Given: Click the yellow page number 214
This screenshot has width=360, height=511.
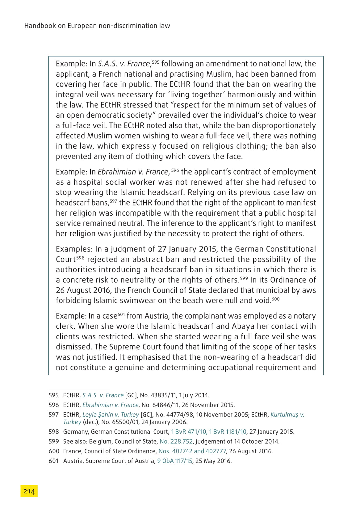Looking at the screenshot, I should pos(29,491).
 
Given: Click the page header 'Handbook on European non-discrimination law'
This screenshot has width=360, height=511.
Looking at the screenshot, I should pos(97,26).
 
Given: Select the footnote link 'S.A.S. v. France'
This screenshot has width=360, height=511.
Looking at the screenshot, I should pos(103,395).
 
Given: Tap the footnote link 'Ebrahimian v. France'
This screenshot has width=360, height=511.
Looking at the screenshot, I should pos(110,405).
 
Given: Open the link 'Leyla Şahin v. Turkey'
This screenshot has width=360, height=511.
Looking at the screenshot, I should pos(111,415).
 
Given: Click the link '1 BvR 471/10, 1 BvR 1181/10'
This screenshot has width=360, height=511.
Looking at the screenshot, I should pos(209,432).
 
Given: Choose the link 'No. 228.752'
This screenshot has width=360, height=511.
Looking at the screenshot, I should pos(176,441).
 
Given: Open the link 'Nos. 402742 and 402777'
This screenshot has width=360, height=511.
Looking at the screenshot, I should pos(192,451).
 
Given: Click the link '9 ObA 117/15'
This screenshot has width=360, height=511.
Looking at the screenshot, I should pos(175,461).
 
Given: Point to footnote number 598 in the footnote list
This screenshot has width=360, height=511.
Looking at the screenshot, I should pos(53,432).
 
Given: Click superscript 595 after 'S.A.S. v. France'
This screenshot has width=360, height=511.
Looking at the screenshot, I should pos(156,62).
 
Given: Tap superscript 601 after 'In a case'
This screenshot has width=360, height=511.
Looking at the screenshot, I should pos(121,315).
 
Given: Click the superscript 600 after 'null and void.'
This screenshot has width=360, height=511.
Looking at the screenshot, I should pos(276,299).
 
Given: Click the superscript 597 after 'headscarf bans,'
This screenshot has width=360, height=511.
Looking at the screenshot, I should pos(113,201).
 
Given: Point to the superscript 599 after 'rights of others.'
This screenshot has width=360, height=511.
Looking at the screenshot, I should pos(244,278).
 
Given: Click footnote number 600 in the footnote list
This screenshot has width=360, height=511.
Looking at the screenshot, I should pos(53,451).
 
